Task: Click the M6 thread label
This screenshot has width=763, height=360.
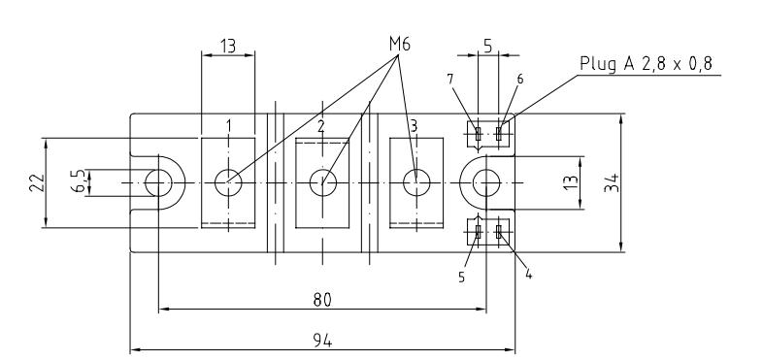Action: click(400, 45)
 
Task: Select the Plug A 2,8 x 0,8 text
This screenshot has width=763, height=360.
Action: click(647, 63)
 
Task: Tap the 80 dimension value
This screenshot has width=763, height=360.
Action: click(322, 300)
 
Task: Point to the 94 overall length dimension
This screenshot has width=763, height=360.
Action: click(322, 341)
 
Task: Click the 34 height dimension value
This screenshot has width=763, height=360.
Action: click(613, 182)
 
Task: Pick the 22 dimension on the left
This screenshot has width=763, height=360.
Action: click(38, 183)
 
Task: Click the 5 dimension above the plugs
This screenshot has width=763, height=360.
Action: click(488, 46)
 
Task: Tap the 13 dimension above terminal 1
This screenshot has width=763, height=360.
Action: click(228, 46)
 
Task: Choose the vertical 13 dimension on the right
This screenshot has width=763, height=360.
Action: click(573, 182)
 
